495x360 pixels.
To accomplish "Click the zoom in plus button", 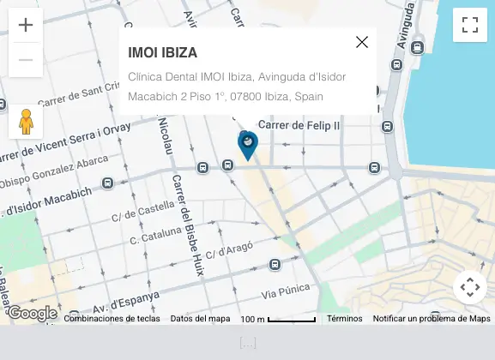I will [x=26, y=25].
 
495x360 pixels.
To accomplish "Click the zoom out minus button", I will [x=26, y=60].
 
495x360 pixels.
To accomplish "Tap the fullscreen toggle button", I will [x=469, y=25].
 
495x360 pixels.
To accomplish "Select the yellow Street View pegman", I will [x=26, y=122].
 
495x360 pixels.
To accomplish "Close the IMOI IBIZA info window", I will [x=362, y=42].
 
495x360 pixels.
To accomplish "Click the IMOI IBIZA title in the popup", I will [x=162, y=52].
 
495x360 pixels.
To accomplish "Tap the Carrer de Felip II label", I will [x=299, y=125].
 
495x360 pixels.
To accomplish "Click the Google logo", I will [x=31, y=313].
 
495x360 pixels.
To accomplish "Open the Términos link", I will [x=344, y=319].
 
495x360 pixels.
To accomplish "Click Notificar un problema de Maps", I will [x=432, y=319].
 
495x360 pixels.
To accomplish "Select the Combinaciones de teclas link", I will [x=112, y=319].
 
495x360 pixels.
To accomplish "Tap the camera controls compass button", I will [x=469, y=287].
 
